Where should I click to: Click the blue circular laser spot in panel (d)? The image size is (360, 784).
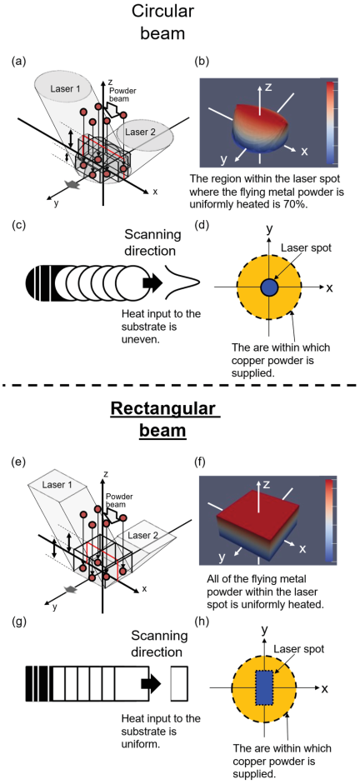[x=269, y=287]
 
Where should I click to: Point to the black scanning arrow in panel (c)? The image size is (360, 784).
[x=151, y=282]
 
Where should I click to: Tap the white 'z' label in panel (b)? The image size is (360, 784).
[x=268, y=87]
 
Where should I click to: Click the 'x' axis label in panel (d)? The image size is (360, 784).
[x=329, y=288]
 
